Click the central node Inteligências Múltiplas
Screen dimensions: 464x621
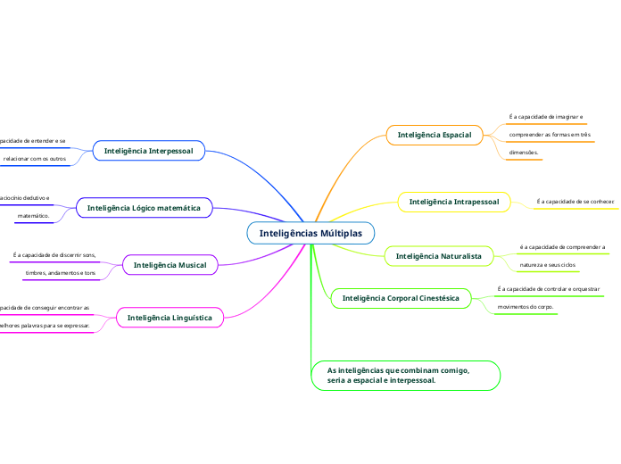[x=310, y=233]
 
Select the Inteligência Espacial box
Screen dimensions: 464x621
[x=434, y=135]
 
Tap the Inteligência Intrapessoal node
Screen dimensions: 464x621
[x=453, y=202]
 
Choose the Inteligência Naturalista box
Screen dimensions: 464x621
[x=437, y=256]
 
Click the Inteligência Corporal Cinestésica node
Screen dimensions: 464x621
[x=401, y=297]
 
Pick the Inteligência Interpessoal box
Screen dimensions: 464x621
[x=148, y=151]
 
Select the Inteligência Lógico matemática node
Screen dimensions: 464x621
[x=144, y=208]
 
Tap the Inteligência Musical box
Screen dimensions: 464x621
[x=170, y=265]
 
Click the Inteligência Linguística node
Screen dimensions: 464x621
[x=170, y=317]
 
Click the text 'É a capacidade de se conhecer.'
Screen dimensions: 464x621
[x=575, y=202]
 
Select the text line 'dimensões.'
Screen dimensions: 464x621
[x=525, y=153]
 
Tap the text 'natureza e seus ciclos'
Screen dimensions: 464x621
[x=548, y=265]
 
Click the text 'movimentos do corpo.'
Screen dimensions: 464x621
[x=525, y=307]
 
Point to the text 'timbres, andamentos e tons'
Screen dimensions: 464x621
[x=61, y=272]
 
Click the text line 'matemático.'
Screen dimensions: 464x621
[x=33, y=216]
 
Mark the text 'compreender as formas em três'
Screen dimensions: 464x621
[x=550, y=135]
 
